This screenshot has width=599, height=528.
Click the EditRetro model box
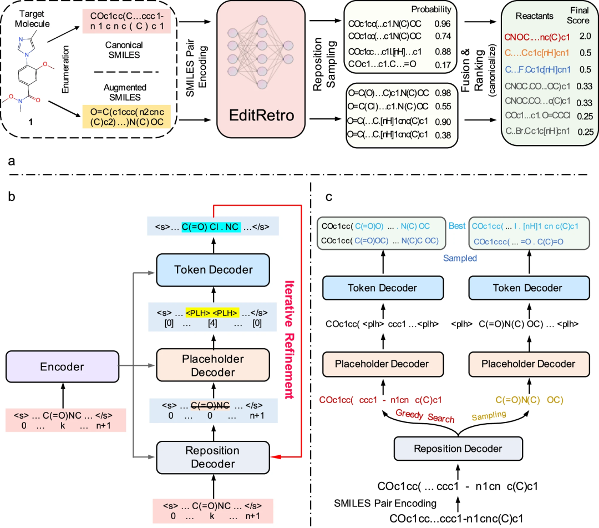tap(261, 69)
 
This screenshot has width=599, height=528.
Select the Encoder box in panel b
tap(62, 366)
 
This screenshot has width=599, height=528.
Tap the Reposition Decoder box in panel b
tap(213, 457)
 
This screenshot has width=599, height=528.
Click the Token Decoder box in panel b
tap(213, 270)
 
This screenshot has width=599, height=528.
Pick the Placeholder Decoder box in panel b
tap(213, 365)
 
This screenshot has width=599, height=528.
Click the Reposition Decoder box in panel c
tap(458, 449)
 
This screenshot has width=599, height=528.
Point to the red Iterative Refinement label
tap(289, 340)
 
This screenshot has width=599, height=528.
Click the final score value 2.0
tap(585, 36)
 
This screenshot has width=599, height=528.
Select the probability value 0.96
tap(443, 24)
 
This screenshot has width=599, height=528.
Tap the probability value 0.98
tap(443, 93)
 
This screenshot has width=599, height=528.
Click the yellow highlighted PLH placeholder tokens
tap(212, 313)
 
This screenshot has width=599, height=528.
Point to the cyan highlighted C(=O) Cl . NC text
tap(211, 227)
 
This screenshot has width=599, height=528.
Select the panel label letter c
tap(329, 197)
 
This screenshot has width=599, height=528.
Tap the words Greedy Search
tap(425, 416)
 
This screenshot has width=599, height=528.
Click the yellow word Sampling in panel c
tap(489, 416)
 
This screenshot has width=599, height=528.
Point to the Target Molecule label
tap(32, 18)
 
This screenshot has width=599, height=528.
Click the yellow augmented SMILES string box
tap(126, 117)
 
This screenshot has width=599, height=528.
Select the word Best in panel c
tap(457, 225)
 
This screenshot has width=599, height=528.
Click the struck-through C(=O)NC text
tap(210, 405)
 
